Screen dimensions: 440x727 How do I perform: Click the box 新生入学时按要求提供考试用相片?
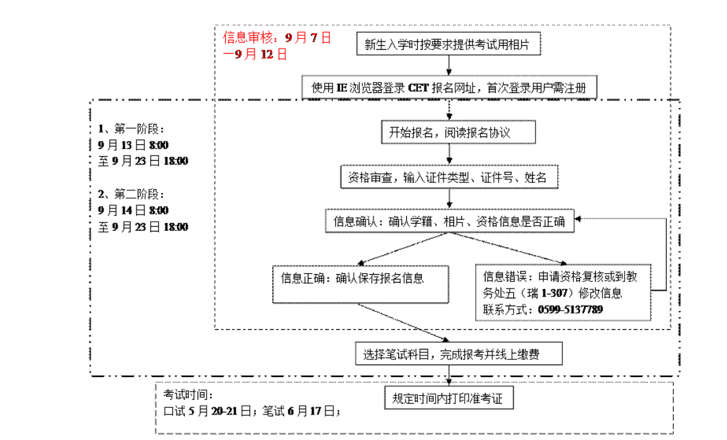[447, 45]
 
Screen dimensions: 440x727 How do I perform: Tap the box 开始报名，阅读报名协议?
[449, 132]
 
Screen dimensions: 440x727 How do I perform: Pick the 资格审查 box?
[449, 177]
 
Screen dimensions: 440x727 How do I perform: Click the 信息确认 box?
[449, 222]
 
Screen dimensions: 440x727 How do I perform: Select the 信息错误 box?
[564, 292]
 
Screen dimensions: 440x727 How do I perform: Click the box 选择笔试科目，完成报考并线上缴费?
[449, 354]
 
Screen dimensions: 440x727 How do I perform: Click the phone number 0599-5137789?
[570, 310]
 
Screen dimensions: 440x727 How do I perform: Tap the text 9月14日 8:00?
[133, 210]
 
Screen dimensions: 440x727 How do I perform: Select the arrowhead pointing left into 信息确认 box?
[579, 219]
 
